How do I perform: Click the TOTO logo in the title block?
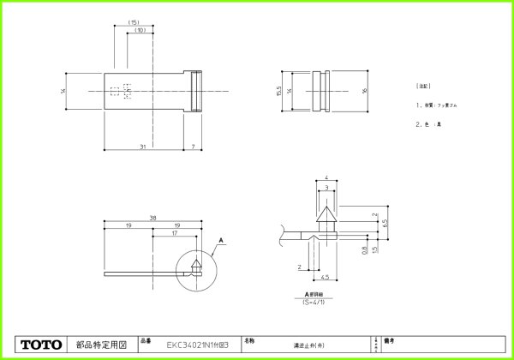(42, 345)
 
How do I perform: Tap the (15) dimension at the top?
(134, 21)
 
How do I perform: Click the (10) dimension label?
(139, 31)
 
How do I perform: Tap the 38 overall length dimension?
(152, 218)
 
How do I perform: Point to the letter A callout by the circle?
(220, 243)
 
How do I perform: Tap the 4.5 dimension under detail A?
(326, 277)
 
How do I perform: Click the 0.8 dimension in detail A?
(364, 250)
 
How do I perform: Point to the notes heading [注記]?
(422, 87)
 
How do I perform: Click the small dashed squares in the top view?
(121, 91)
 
